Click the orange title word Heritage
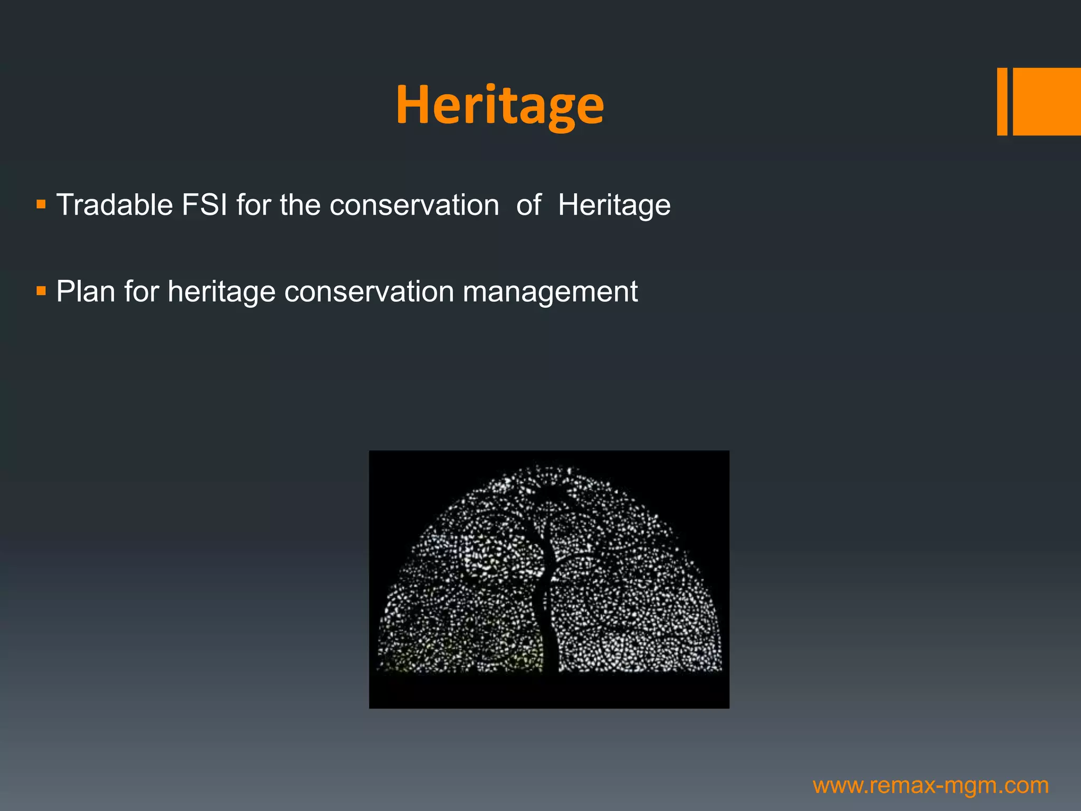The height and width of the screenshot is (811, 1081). coord(499,105)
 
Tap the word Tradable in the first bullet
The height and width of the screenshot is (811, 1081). coord(115,205)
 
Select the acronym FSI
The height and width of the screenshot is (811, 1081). coord(204,205)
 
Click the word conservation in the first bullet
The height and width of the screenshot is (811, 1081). coord(414,205)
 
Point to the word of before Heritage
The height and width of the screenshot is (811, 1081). coord(528,205)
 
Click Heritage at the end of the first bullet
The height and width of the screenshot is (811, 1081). coord(614,206)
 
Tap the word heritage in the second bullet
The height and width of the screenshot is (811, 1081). coord(221,293)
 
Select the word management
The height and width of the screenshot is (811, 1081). coord(549,293)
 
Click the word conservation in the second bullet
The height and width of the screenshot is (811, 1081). coord(369,291)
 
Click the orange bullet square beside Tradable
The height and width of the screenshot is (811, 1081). coord(41,204)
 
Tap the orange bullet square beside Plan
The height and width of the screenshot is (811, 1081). coord(41,290)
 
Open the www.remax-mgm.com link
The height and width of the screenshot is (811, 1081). coord(931,786)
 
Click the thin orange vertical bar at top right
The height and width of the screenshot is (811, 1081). coord(1002,101)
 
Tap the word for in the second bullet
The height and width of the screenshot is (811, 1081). coord(141,291)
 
